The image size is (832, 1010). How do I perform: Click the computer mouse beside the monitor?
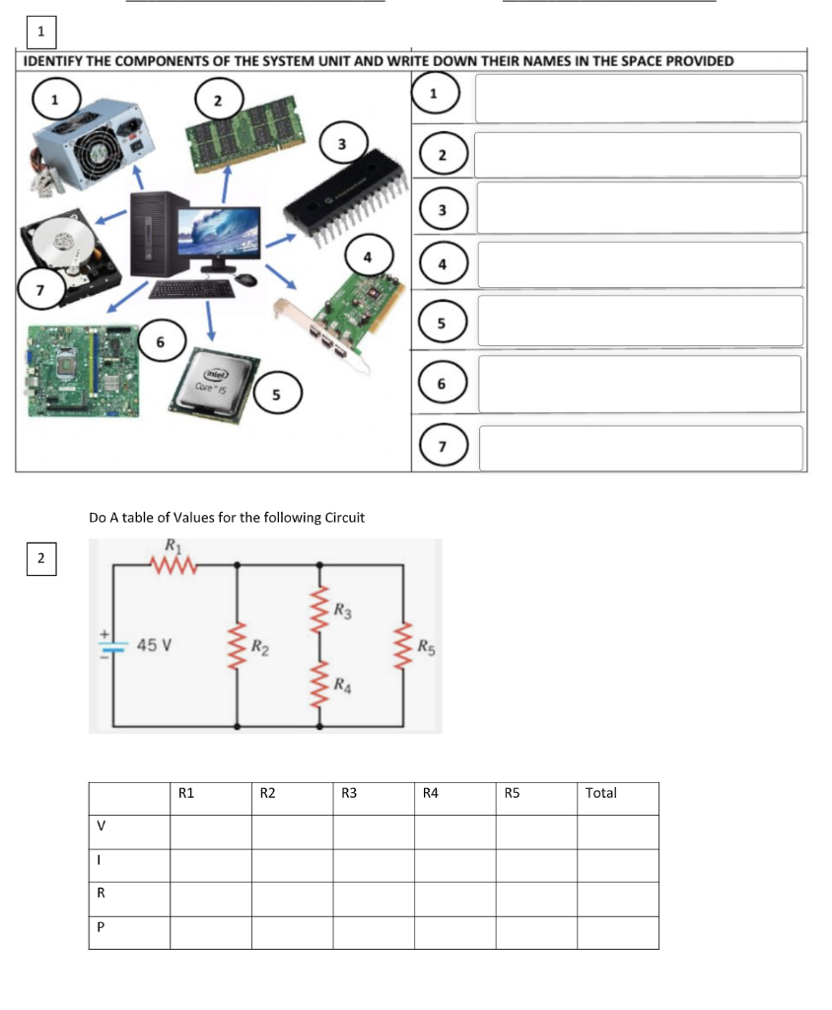pyautogui.click(x=246, y=280)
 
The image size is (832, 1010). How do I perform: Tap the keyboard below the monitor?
pyautogui.click(x=191, y=289)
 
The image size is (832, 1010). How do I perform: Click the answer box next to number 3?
pyautogui.click(x=639, y=208)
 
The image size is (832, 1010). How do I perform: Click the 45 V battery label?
pyautogui.click(x=155, y=645)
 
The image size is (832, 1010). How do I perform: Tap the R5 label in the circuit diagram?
pyautogui.click(x=424, y=648)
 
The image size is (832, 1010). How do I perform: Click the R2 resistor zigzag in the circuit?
pyautogui.click(x=238, y=646)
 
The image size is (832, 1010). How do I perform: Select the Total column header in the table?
pyautogui.click(x=600, y=793)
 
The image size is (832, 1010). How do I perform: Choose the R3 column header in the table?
pyautogui.click(x=350, y=793)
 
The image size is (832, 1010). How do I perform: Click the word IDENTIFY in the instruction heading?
pyautogui.click(x=53, y=61)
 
